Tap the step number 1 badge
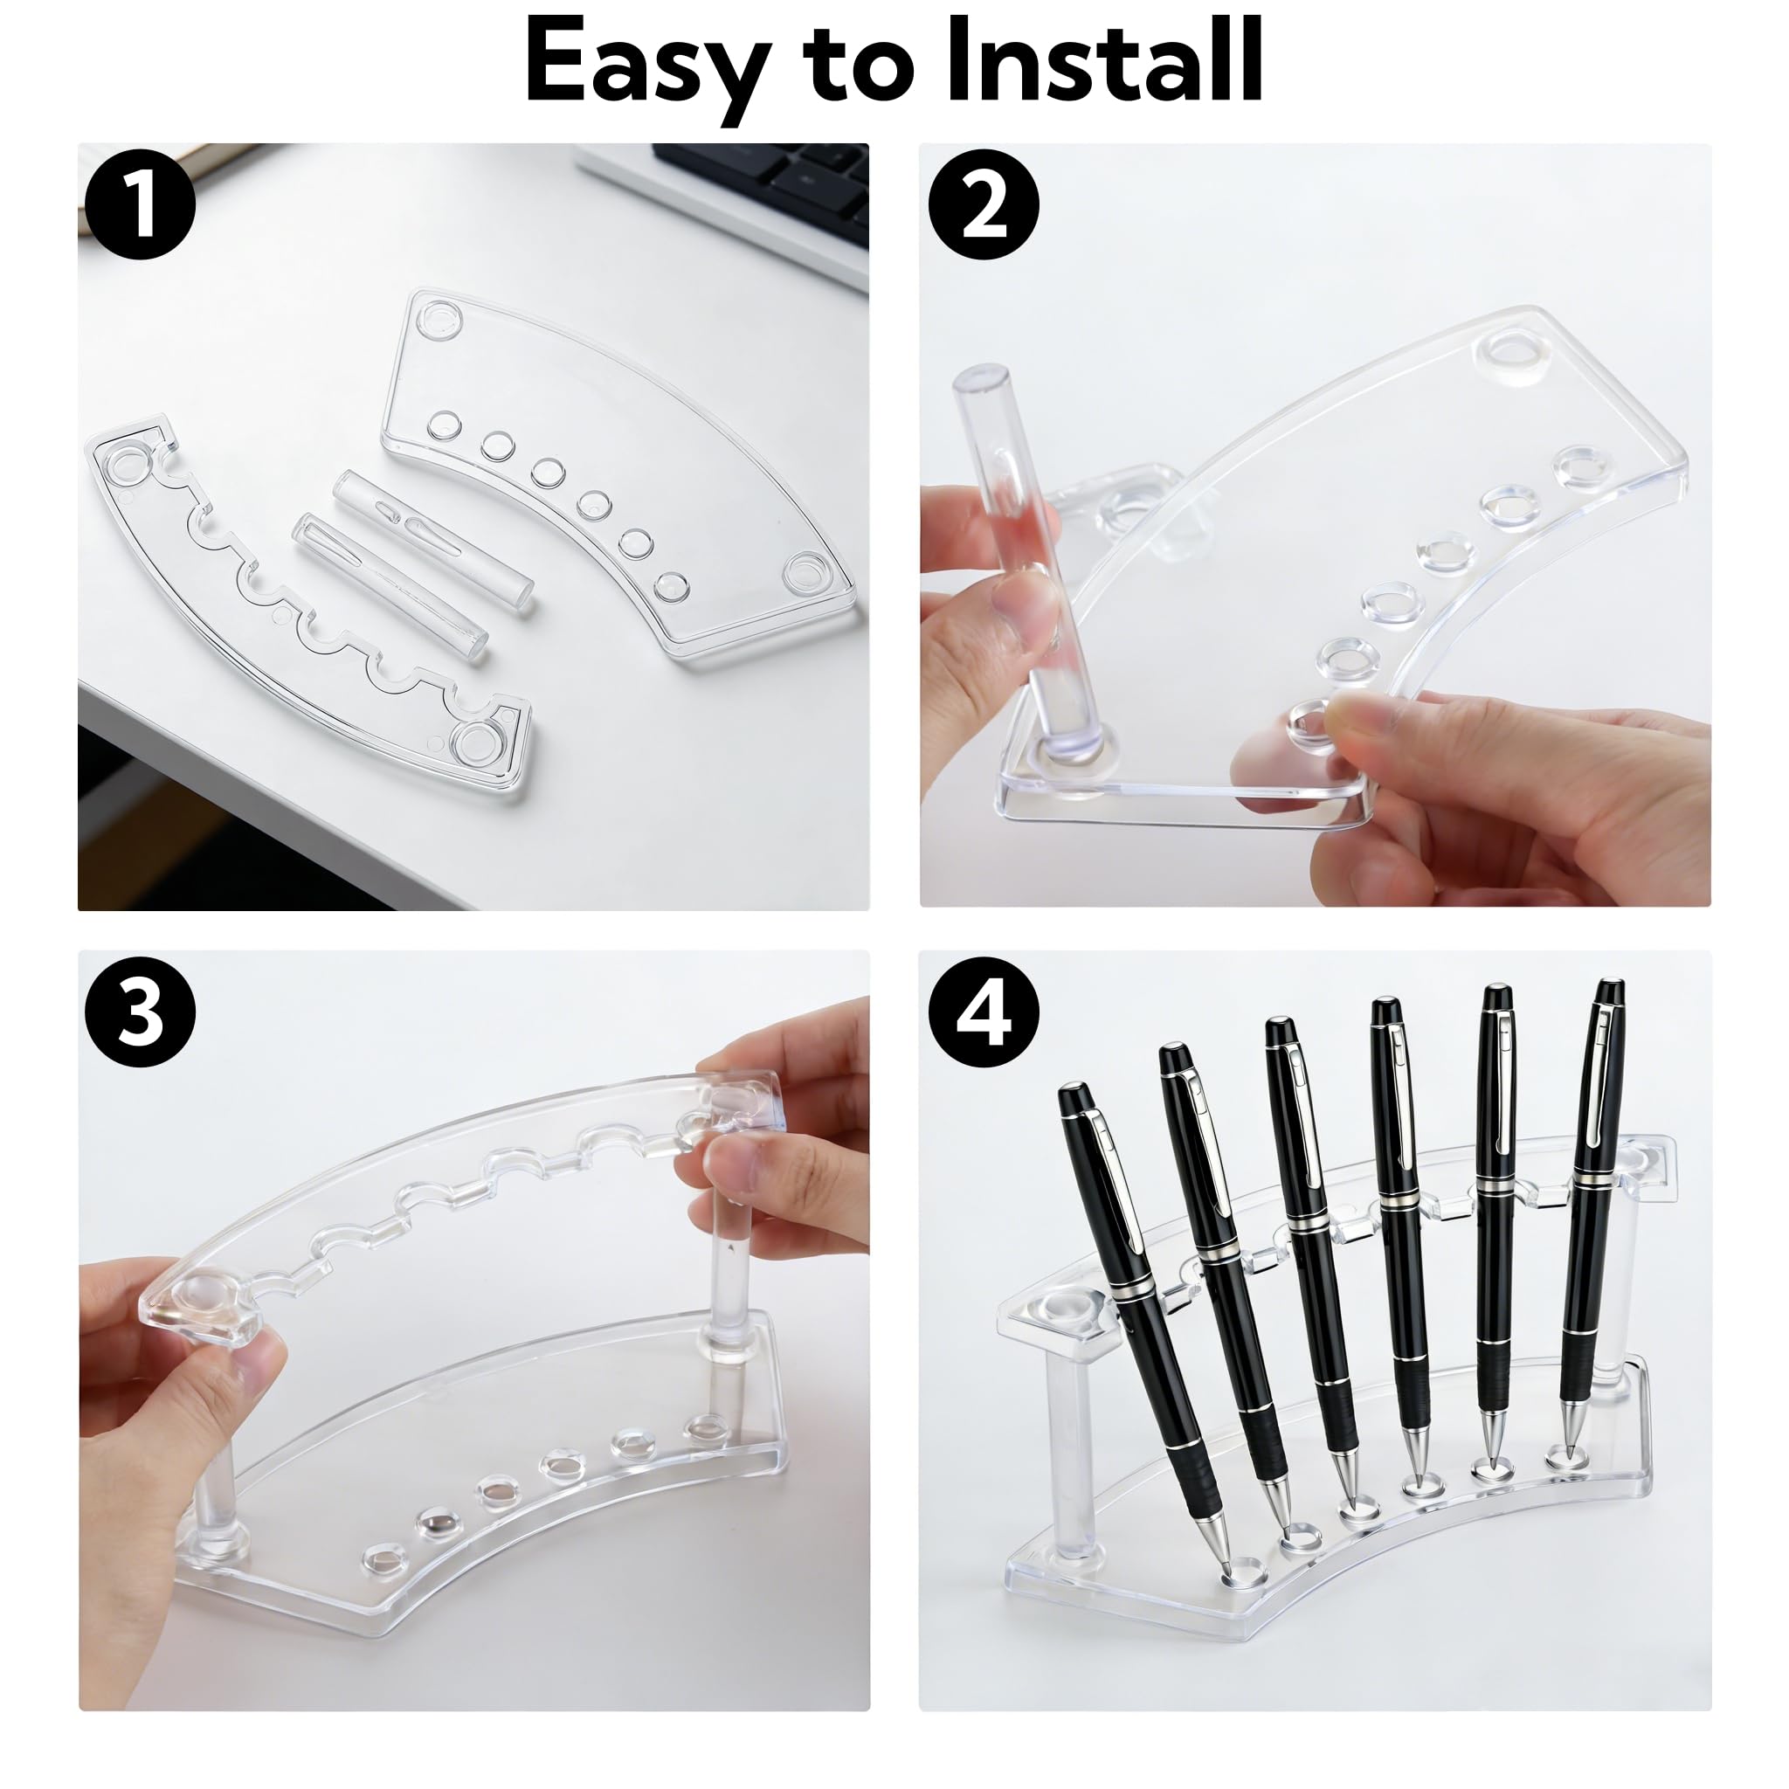click(140, 205)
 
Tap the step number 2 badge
click(984, 205)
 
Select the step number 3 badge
click(140, 1013)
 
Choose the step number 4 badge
click(984, 1013)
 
